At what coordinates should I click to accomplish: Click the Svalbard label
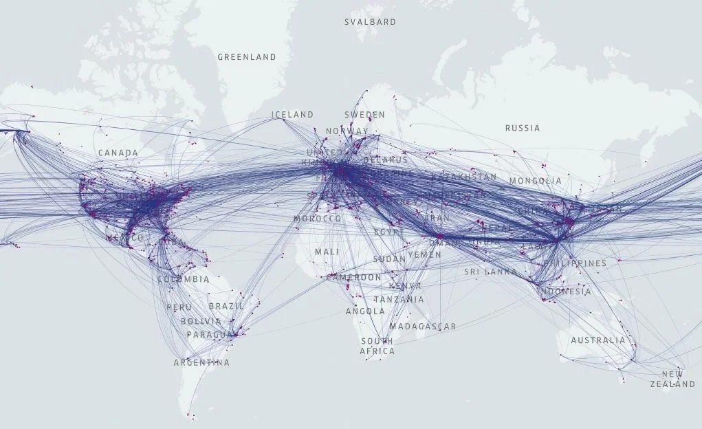point(370,22)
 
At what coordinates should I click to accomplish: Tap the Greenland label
point(247,57)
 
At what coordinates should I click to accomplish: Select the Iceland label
point(292,115)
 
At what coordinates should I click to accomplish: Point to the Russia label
point(523,128)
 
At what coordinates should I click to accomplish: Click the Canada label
point(118,153)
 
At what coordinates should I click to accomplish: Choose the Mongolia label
point(535,181)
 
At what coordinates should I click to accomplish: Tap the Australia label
point(598,340)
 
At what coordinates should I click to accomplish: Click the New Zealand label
point(672,379)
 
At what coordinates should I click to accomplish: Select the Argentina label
point(201,362)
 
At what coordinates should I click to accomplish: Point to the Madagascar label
point(422,327)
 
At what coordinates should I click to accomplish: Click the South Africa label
point(377,346)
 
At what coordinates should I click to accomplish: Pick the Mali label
point(327,252)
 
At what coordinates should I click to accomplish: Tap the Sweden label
point(364,115)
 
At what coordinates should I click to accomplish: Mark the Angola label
point(365,311)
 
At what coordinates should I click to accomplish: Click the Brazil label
point(226,306)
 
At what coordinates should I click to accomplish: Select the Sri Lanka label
point(490,272)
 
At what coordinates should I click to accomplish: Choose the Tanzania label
point(399,300)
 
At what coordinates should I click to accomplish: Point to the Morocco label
point(317,219)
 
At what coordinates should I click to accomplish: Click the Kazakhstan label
point(463,177)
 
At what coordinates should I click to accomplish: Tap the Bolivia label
point(201,321)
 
